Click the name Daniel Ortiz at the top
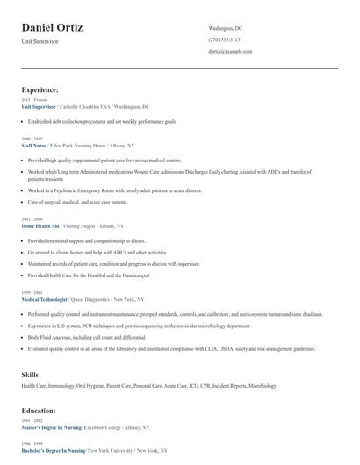53,28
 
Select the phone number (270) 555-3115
224,40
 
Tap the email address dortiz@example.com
230,53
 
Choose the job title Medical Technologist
46,299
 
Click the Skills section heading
30,374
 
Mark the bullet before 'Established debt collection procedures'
24,121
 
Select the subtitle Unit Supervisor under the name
41,41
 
